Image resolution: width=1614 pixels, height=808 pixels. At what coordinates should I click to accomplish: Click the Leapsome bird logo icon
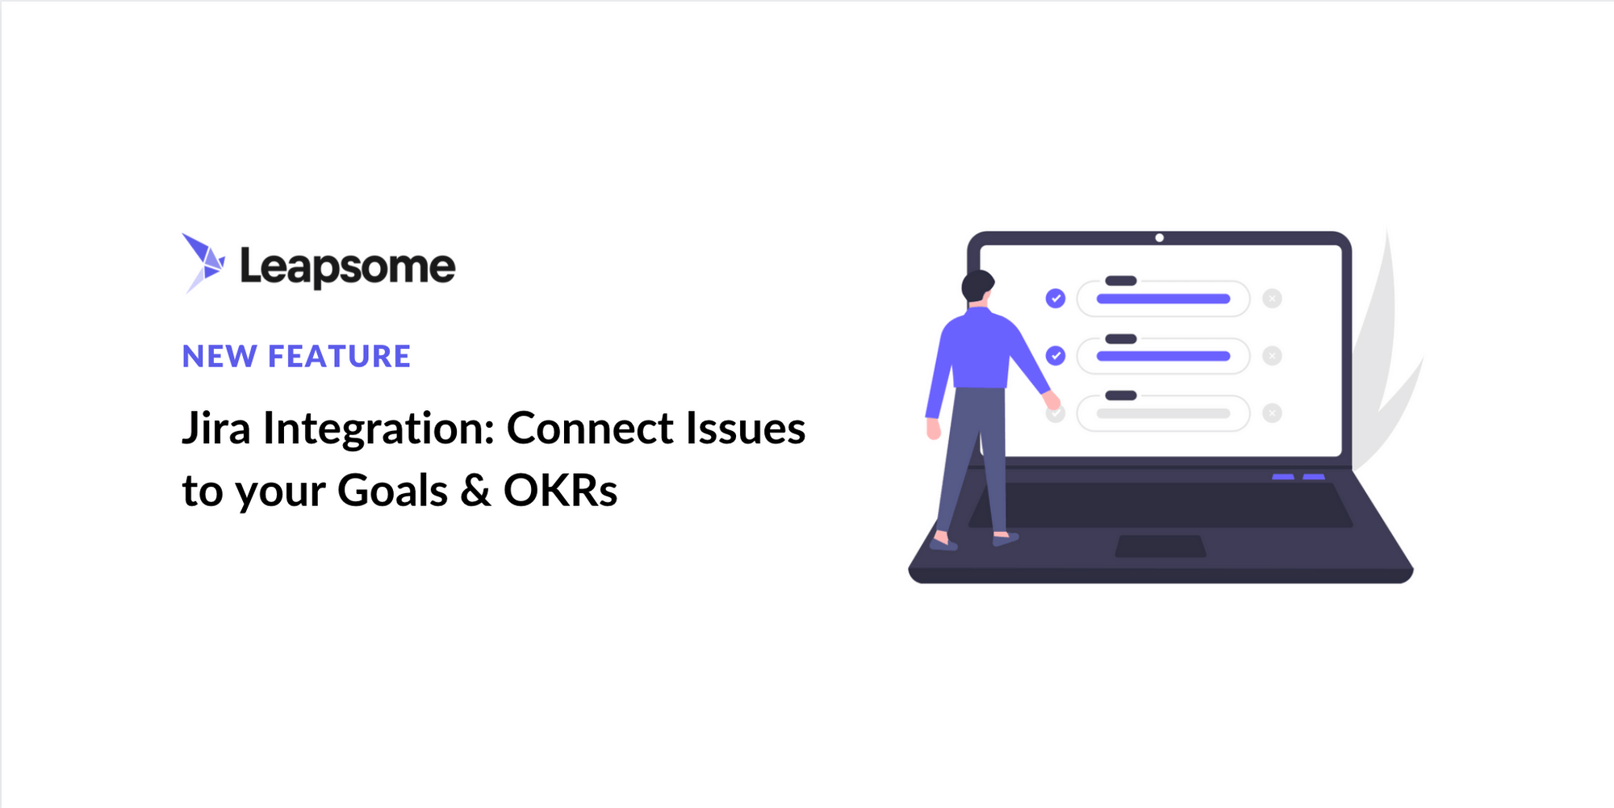coord(203,262)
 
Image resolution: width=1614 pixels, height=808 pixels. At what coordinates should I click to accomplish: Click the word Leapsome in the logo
coord(348,267)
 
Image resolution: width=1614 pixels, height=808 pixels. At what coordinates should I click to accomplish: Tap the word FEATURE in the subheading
coord(339,356)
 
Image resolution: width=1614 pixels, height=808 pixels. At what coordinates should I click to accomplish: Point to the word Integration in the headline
coord(378,428)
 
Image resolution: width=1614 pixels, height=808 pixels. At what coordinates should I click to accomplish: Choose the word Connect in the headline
coord(590,428)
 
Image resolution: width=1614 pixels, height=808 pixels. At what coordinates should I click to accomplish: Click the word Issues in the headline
coord(746,428)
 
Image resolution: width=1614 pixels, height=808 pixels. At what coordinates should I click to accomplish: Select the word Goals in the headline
coord(392,490)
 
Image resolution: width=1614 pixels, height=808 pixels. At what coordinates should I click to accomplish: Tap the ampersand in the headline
coord(476,490)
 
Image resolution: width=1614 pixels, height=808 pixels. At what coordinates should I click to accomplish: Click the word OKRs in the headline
coord(561,490)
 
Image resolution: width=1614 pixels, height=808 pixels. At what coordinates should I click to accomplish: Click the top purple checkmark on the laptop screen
coord(1056,299)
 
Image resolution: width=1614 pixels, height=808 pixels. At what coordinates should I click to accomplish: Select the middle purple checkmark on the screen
coord(1056,355)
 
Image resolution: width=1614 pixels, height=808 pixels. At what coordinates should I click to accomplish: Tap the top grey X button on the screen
coord(1273,299)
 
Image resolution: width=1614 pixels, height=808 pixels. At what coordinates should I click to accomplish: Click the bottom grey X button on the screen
coord(1273,413)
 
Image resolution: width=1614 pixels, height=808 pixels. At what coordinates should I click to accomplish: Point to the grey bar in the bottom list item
coord(1163,413)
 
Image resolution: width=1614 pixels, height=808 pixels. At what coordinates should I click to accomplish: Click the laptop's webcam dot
coord(1160,237)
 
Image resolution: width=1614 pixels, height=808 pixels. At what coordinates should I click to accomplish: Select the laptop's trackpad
coord(1160,546)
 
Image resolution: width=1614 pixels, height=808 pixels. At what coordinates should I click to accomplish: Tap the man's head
coord(977,286)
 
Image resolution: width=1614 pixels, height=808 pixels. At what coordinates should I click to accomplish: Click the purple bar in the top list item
coord(1163,299)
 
